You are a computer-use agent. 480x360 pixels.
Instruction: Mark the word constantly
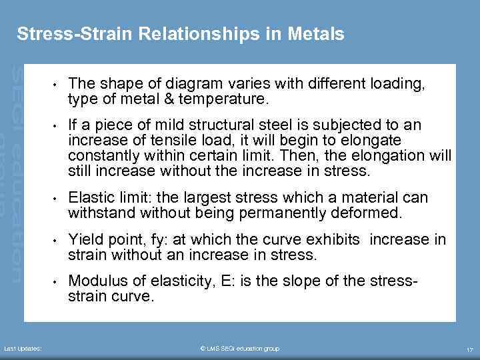tap(103, 155)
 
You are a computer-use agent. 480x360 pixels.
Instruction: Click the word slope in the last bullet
tap(307, 281)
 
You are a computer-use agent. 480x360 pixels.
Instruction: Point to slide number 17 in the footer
tap(469, 349)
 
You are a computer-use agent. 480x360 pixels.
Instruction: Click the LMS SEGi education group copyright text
tap(240, 349)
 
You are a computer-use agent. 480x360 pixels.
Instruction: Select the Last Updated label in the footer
tap(23, 349)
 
